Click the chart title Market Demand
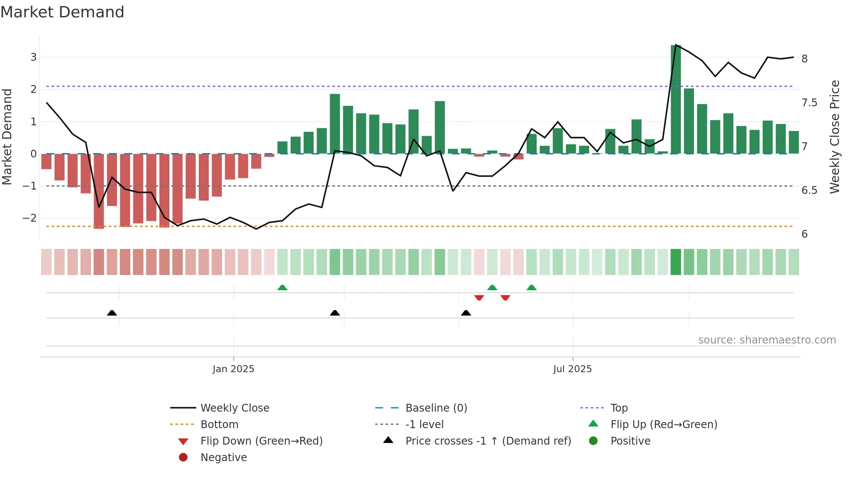(62, 12)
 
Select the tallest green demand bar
(675, 100)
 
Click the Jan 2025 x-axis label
(233, 369)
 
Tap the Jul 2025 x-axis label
(572, 369)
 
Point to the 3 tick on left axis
(33, 57)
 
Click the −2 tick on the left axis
(30, 218)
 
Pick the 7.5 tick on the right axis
(809, 103)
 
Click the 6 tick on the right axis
(804, 234)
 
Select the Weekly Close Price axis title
(835, 137)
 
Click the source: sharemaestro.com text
(767, 340)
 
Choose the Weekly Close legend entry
(234, 408)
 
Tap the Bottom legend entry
(219, 425)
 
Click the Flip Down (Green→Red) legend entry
(261, 441)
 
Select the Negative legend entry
(224, 458)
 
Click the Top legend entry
(619, 408)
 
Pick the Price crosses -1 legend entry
(488, 441)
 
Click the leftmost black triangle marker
(112, 313)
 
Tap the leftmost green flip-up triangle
(282, 288)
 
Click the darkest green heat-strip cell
(675, 262)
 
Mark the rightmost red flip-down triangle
(505, 298)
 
